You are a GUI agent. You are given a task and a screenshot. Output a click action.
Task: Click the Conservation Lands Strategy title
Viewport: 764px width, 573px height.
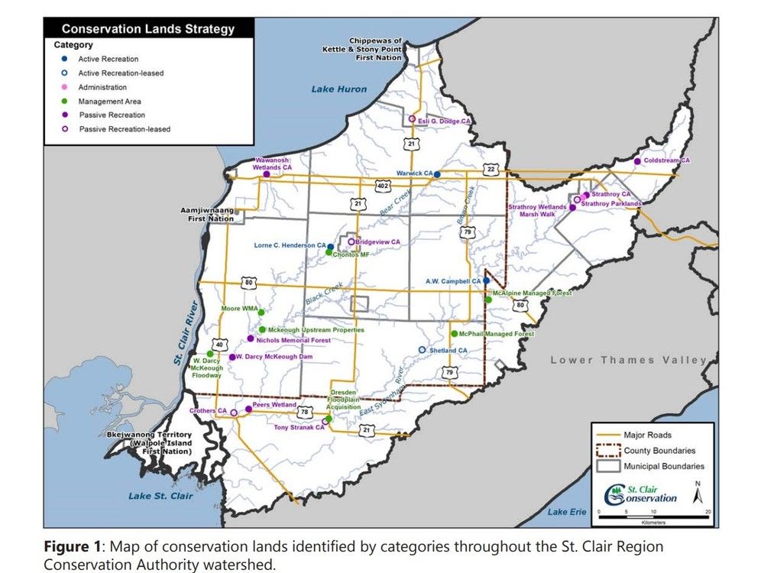[x=147, y=30]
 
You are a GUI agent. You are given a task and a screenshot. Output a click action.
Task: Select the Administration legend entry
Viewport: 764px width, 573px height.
[x=102, y=87]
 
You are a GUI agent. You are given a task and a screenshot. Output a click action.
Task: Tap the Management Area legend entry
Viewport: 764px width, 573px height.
[x=109, y=101]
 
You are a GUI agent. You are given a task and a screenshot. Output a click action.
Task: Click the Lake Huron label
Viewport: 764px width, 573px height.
[x=338, y=89]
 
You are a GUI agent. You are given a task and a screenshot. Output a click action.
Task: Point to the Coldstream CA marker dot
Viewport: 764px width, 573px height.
[x=637, y=161]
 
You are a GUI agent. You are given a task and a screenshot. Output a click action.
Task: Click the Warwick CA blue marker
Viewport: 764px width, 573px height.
[x=437, y=174]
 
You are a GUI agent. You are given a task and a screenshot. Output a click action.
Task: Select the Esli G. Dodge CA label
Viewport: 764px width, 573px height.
[x=444, y=121]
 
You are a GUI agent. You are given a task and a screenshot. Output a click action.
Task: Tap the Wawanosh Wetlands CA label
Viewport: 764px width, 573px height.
[x=273, y=163]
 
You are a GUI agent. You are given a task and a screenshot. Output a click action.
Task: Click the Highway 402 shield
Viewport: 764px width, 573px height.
[x=383, y=186]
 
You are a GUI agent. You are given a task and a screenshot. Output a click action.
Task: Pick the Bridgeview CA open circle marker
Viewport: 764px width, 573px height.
[x=351, y=242]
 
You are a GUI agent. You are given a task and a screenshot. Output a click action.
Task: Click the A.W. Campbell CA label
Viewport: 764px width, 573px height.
[x=452, y=281]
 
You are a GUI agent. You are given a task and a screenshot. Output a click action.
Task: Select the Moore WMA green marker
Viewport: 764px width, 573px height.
[x=261, y=312]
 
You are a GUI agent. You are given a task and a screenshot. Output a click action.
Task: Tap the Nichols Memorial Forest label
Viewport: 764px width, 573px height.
[x=294, y=340]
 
